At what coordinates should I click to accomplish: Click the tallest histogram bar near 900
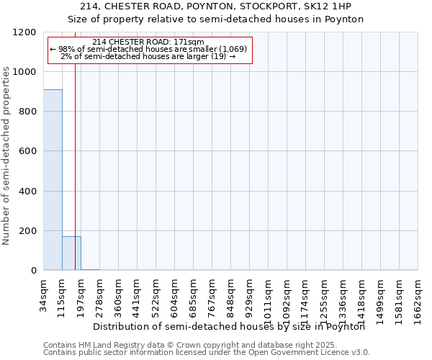53,180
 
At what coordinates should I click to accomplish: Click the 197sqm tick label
81,296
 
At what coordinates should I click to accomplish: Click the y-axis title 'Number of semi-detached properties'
7,151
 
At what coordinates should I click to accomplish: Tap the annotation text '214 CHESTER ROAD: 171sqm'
149,42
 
